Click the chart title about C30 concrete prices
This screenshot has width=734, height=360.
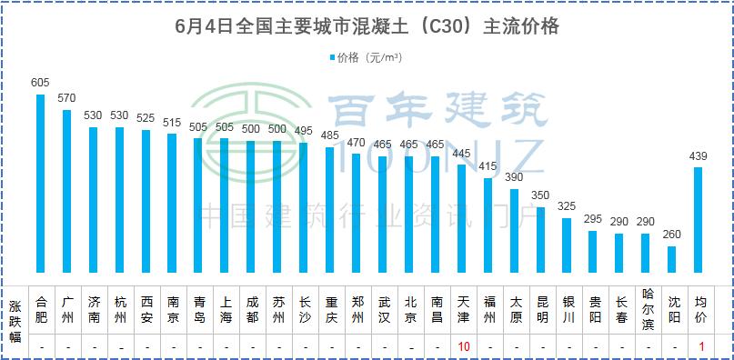point(367,26)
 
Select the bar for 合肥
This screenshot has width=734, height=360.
point(40,183)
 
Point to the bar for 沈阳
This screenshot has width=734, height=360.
point(672,259)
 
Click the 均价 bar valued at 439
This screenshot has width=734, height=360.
point(699,219)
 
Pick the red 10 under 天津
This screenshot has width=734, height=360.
point(463,346)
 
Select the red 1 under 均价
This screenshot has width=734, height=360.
point(700,346)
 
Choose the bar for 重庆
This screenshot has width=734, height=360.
point(330,209)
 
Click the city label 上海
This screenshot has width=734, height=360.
point(225,309)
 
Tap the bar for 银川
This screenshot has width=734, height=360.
point(568,245)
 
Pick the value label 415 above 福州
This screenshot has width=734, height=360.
point(488,167)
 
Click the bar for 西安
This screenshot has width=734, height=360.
point(146,201)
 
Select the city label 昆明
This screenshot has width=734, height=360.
point(541,309)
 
